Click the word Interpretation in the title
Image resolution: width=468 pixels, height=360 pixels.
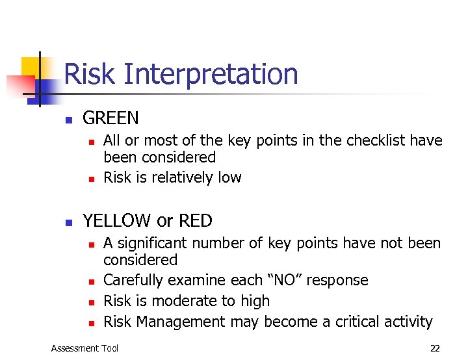[x=209, y=74]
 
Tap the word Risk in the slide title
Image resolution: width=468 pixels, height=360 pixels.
[x=89, y=74]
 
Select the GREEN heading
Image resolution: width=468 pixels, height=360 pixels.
[x=110, y=118]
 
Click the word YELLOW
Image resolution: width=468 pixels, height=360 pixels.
[x=118, y=221]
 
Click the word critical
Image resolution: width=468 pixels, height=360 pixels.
[x=357, y=322]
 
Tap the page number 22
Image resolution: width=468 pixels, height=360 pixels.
[x=435, y=348]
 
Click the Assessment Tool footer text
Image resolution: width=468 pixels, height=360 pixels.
[x=84, y=348]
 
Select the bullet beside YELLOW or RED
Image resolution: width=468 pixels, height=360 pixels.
[x=68, y=222]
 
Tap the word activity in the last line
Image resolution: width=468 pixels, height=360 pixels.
[x=408, y=322]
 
